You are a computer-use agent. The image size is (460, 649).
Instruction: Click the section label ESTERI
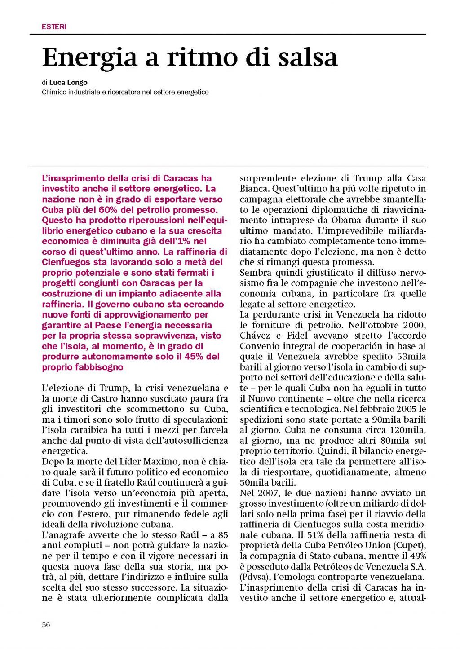pyautogui.click(x=54, y=27)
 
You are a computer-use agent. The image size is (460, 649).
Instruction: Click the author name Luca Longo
pyautogui.click(x=68, y=83)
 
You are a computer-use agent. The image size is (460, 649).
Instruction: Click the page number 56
pyautogui.click(x=46, y=624)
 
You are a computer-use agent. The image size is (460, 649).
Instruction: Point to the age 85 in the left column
pyautogui.click(x=223, y=535)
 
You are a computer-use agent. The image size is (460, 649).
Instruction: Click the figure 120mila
pyautogui.click(x=404, y=430)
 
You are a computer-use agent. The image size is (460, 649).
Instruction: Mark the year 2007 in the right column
pyautogui.click(x=270, y=493)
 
